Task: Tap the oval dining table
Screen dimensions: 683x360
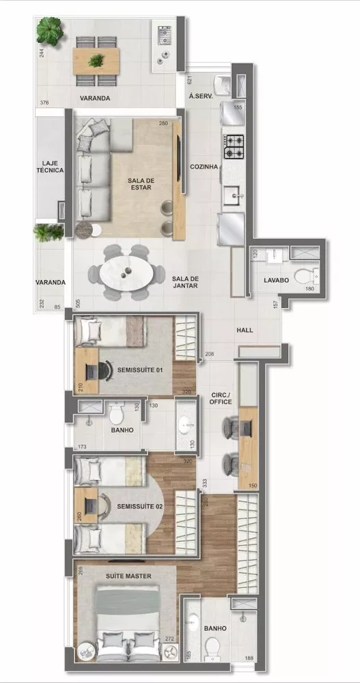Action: point(126,273)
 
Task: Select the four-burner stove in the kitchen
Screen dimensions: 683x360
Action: point(234,145)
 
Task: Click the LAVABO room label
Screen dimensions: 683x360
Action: point(277,281)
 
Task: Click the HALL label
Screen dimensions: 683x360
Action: point(245,331)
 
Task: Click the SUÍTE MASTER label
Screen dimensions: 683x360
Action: point(128,576)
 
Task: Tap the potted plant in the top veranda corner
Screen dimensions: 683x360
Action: point(50,29)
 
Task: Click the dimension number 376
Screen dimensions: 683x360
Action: point(44,103)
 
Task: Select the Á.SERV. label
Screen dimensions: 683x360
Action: point(201,97)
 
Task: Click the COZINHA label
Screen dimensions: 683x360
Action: point(204,167)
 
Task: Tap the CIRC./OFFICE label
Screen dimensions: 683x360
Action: point(221,398)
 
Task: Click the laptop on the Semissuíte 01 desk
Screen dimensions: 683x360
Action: point(92,370)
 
